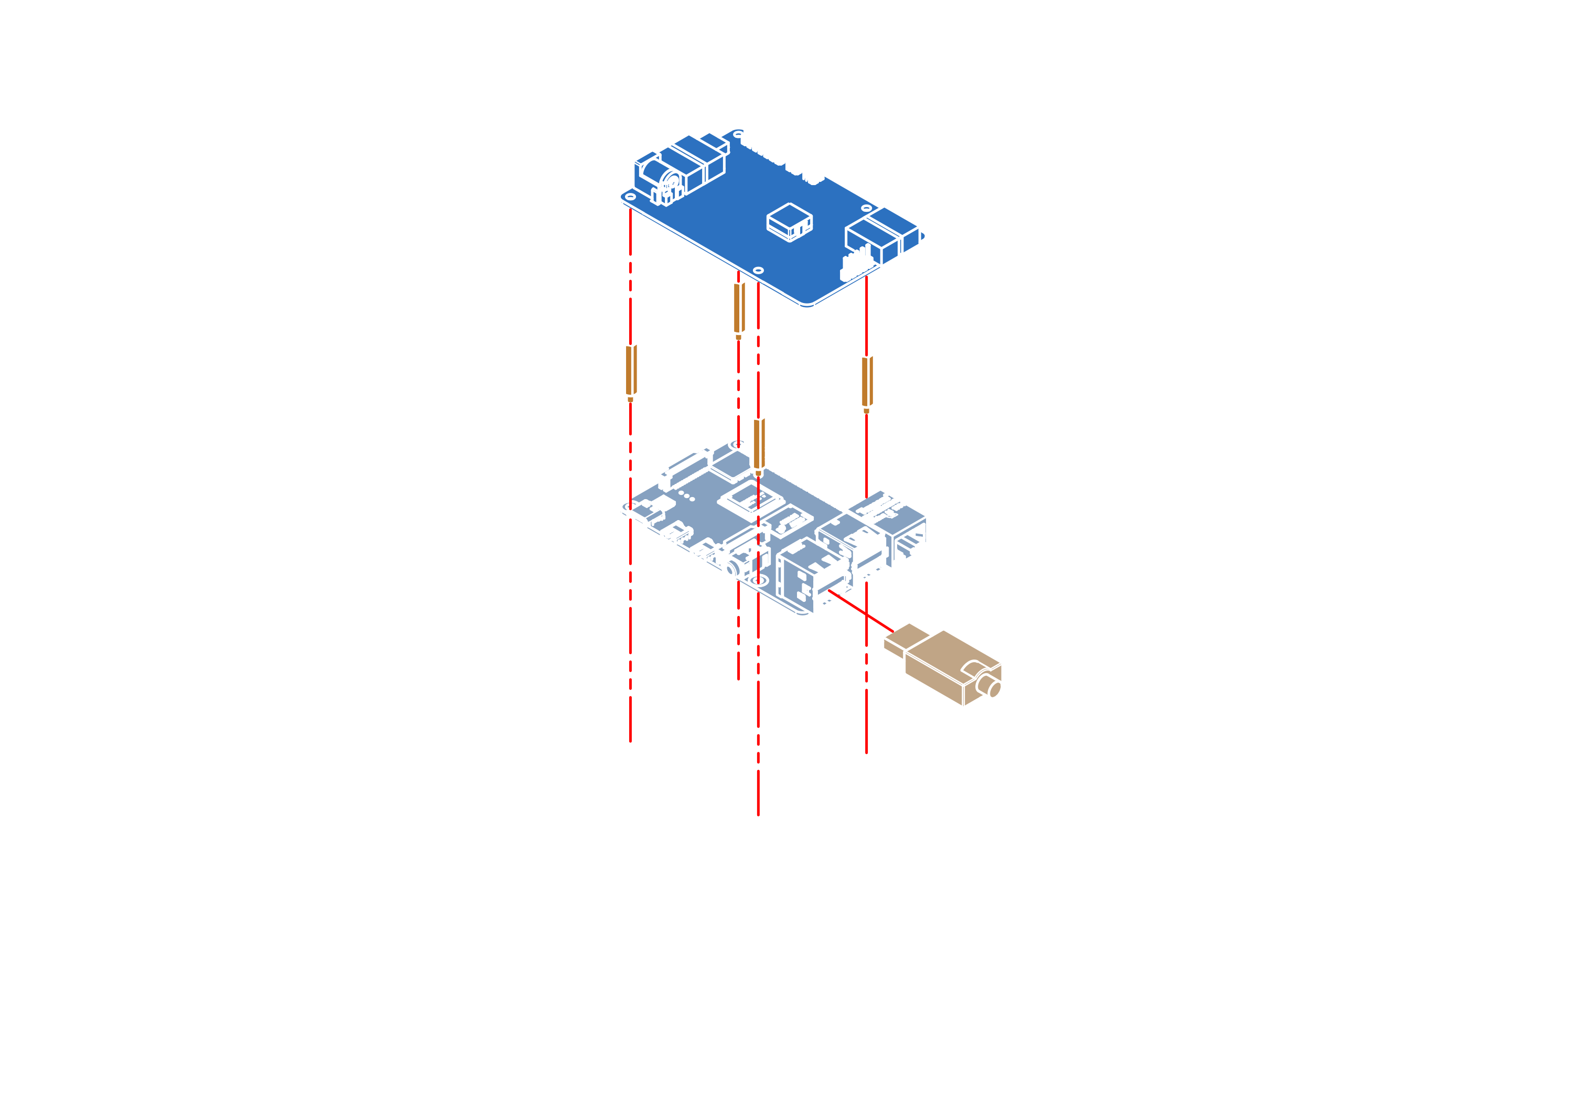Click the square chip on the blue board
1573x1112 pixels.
tap(789, 221)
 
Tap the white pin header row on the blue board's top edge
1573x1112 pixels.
tap(781, 147)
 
